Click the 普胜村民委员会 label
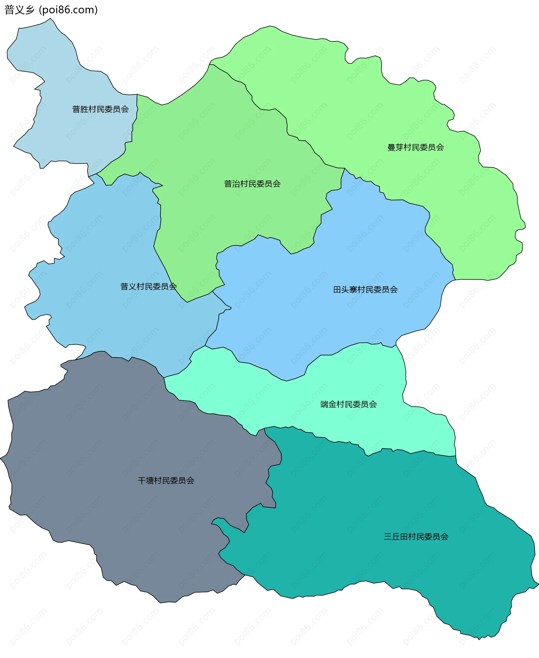100,109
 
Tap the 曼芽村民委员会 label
415,147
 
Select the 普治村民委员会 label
252,184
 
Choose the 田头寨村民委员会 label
365,290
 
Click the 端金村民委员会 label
348,404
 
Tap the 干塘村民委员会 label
166,481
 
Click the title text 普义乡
19,10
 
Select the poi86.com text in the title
68,10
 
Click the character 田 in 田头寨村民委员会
337,290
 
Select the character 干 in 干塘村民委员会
141,481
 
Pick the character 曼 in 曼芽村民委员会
391,147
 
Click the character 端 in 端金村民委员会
324,404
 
